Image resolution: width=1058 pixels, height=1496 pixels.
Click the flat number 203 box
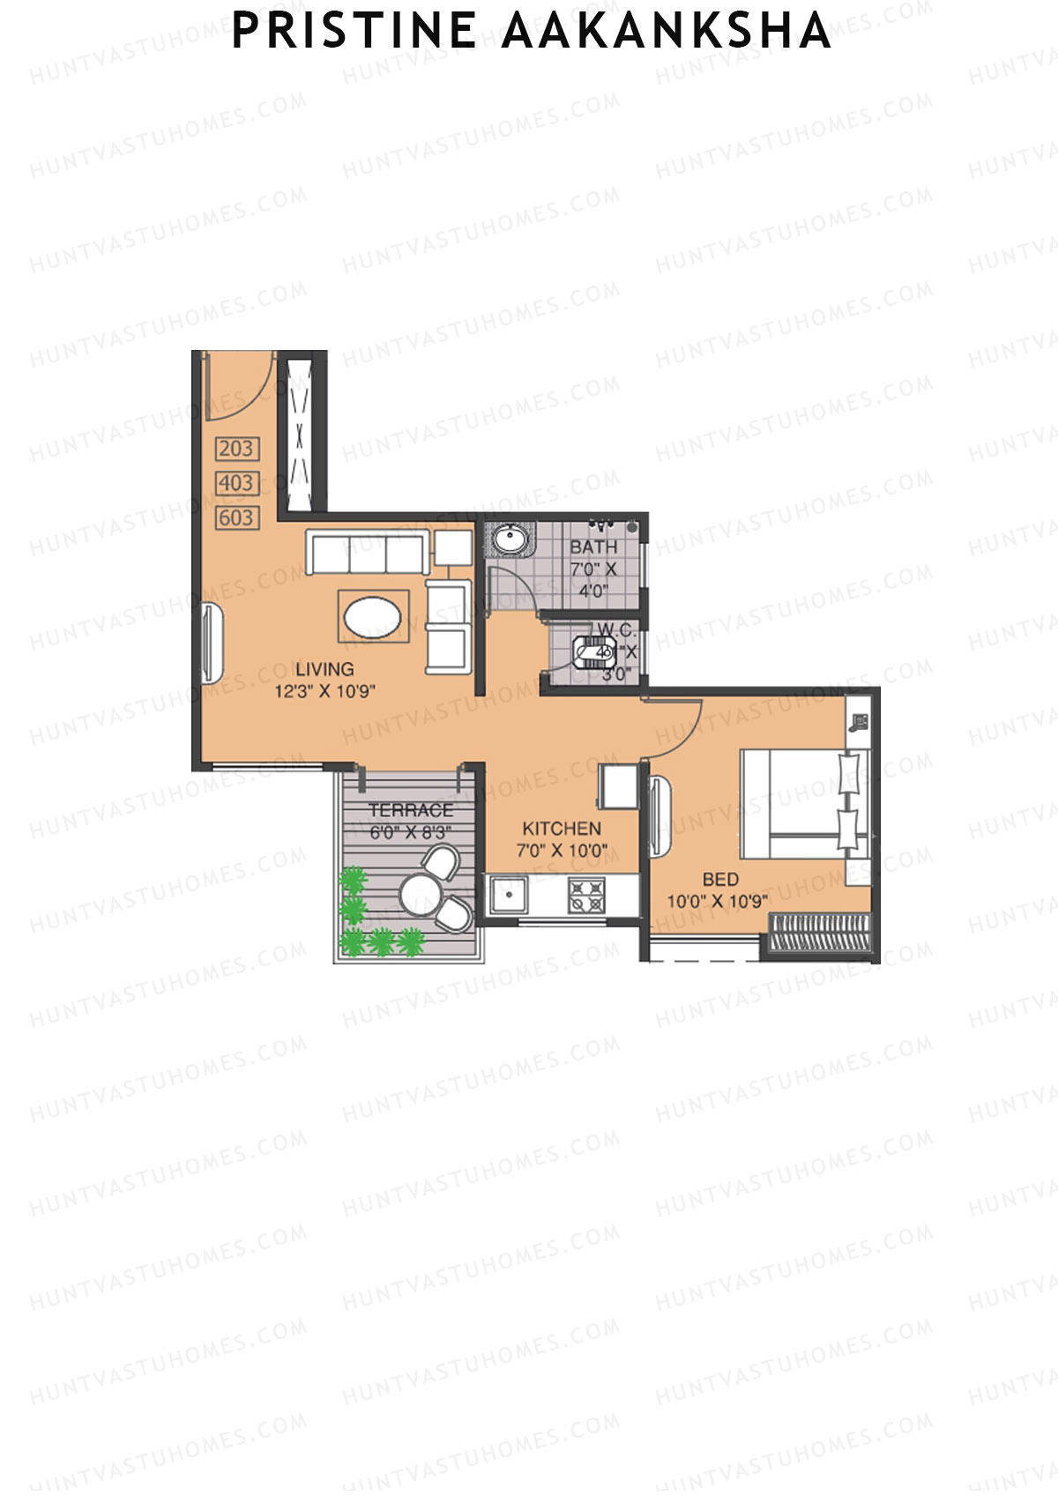pos(236,449)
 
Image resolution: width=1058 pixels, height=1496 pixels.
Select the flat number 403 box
pos(236,483)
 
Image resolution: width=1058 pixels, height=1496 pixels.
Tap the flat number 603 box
pos(236,517)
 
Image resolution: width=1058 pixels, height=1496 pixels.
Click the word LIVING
pos(324,669)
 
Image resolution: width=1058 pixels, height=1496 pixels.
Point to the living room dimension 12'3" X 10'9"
pos(324,691)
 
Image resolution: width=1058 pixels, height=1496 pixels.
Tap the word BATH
pos(592,547)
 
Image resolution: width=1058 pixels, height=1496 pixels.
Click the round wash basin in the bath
pos(510,538)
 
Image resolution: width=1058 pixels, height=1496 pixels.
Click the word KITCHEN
pos(562,829)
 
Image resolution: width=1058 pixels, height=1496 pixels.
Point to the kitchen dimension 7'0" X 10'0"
pos(562,851)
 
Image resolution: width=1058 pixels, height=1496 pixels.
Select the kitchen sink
pos(509,895)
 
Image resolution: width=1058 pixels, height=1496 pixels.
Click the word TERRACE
pos(411,810)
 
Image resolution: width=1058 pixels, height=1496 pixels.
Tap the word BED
pos(720,879)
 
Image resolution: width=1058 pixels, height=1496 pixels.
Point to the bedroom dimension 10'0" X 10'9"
pos(717,901)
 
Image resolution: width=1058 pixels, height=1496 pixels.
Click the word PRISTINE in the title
pos(354,32)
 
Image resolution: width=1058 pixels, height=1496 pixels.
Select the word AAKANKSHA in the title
pos(666,32)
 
